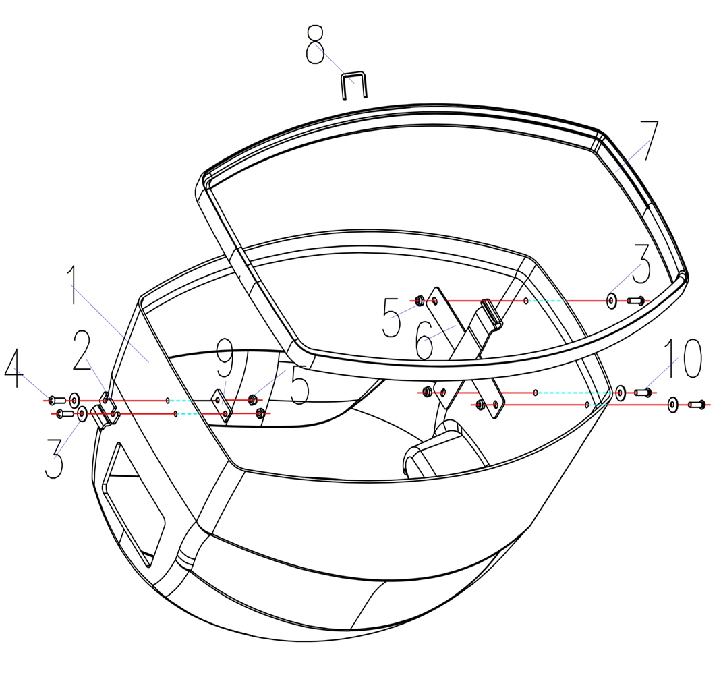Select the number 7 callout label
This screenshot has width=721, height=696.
click(x=649, y=140)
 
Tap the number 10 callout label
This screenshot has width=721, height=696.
click(x=683, y=359)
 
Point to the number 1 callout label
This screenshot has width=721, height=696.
click(x=71, y=285)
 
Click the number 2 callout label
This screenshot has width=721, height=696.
click(x=83, y=350)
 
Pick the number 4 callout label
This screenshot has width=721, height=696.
click(x=13, y=368)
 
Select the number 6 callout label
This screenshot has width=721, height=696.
click(x=424, y=340)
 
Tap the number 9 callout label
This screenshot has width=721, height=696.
click(x=225, y=357)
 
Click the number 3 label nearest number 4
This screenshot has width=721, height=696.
click(x=54, y=459)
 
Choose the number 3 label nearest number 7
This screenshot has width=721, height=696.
click(x=641, y=264)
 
